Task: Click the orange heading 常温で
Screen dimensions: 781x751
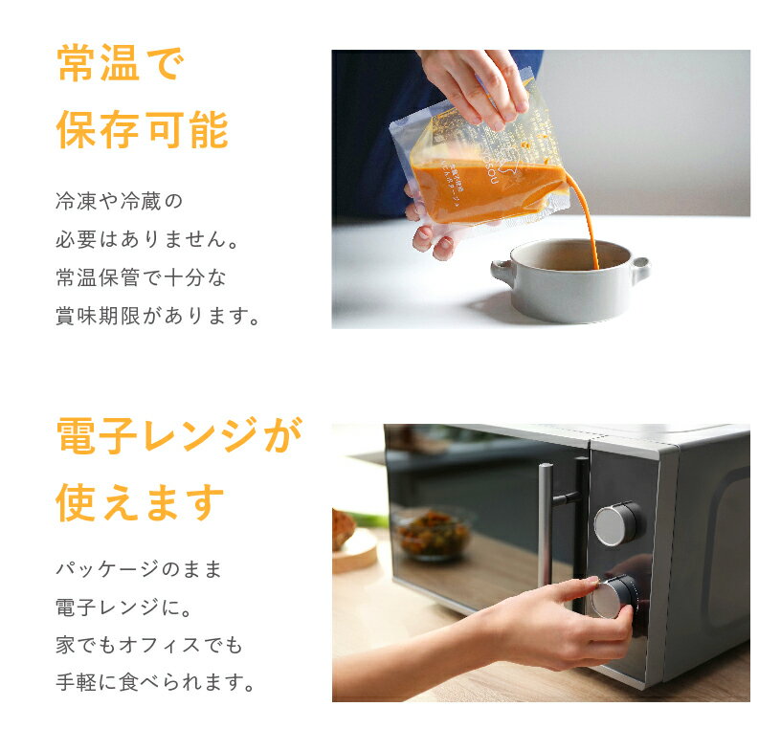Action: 121,63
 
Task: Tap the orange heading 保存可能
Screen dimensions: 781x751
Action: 143,130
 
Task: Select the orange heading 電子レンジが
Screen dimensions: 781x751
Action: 179,434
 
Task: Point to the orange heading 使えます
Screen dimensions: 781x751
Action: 141,502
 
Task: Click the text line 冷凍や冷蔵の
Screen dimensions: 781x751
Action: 120,201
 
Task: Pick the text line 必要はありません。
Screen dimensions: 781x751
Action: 148,239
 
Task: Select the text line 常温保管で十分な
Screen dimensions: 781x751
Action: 142,277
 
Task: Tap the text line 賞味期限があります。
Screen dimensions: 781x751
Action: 158,317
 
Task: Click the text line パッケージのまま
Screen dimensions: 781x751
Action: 139,568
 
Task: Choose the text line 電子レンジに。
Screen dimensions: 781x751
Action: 124,607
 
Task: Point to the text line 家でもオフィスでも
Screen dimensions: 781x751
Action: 149,645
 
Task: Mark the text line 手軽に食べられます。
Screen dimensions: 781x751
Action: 155,682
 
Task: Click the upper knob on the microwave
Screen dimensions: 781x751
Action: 618,524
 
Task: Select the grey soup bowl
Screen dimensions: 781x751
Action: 570,280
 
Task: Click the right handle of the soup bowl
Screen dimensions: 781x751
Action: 639,269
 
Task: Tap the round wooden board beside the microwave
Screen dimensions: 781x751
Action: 355,551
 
